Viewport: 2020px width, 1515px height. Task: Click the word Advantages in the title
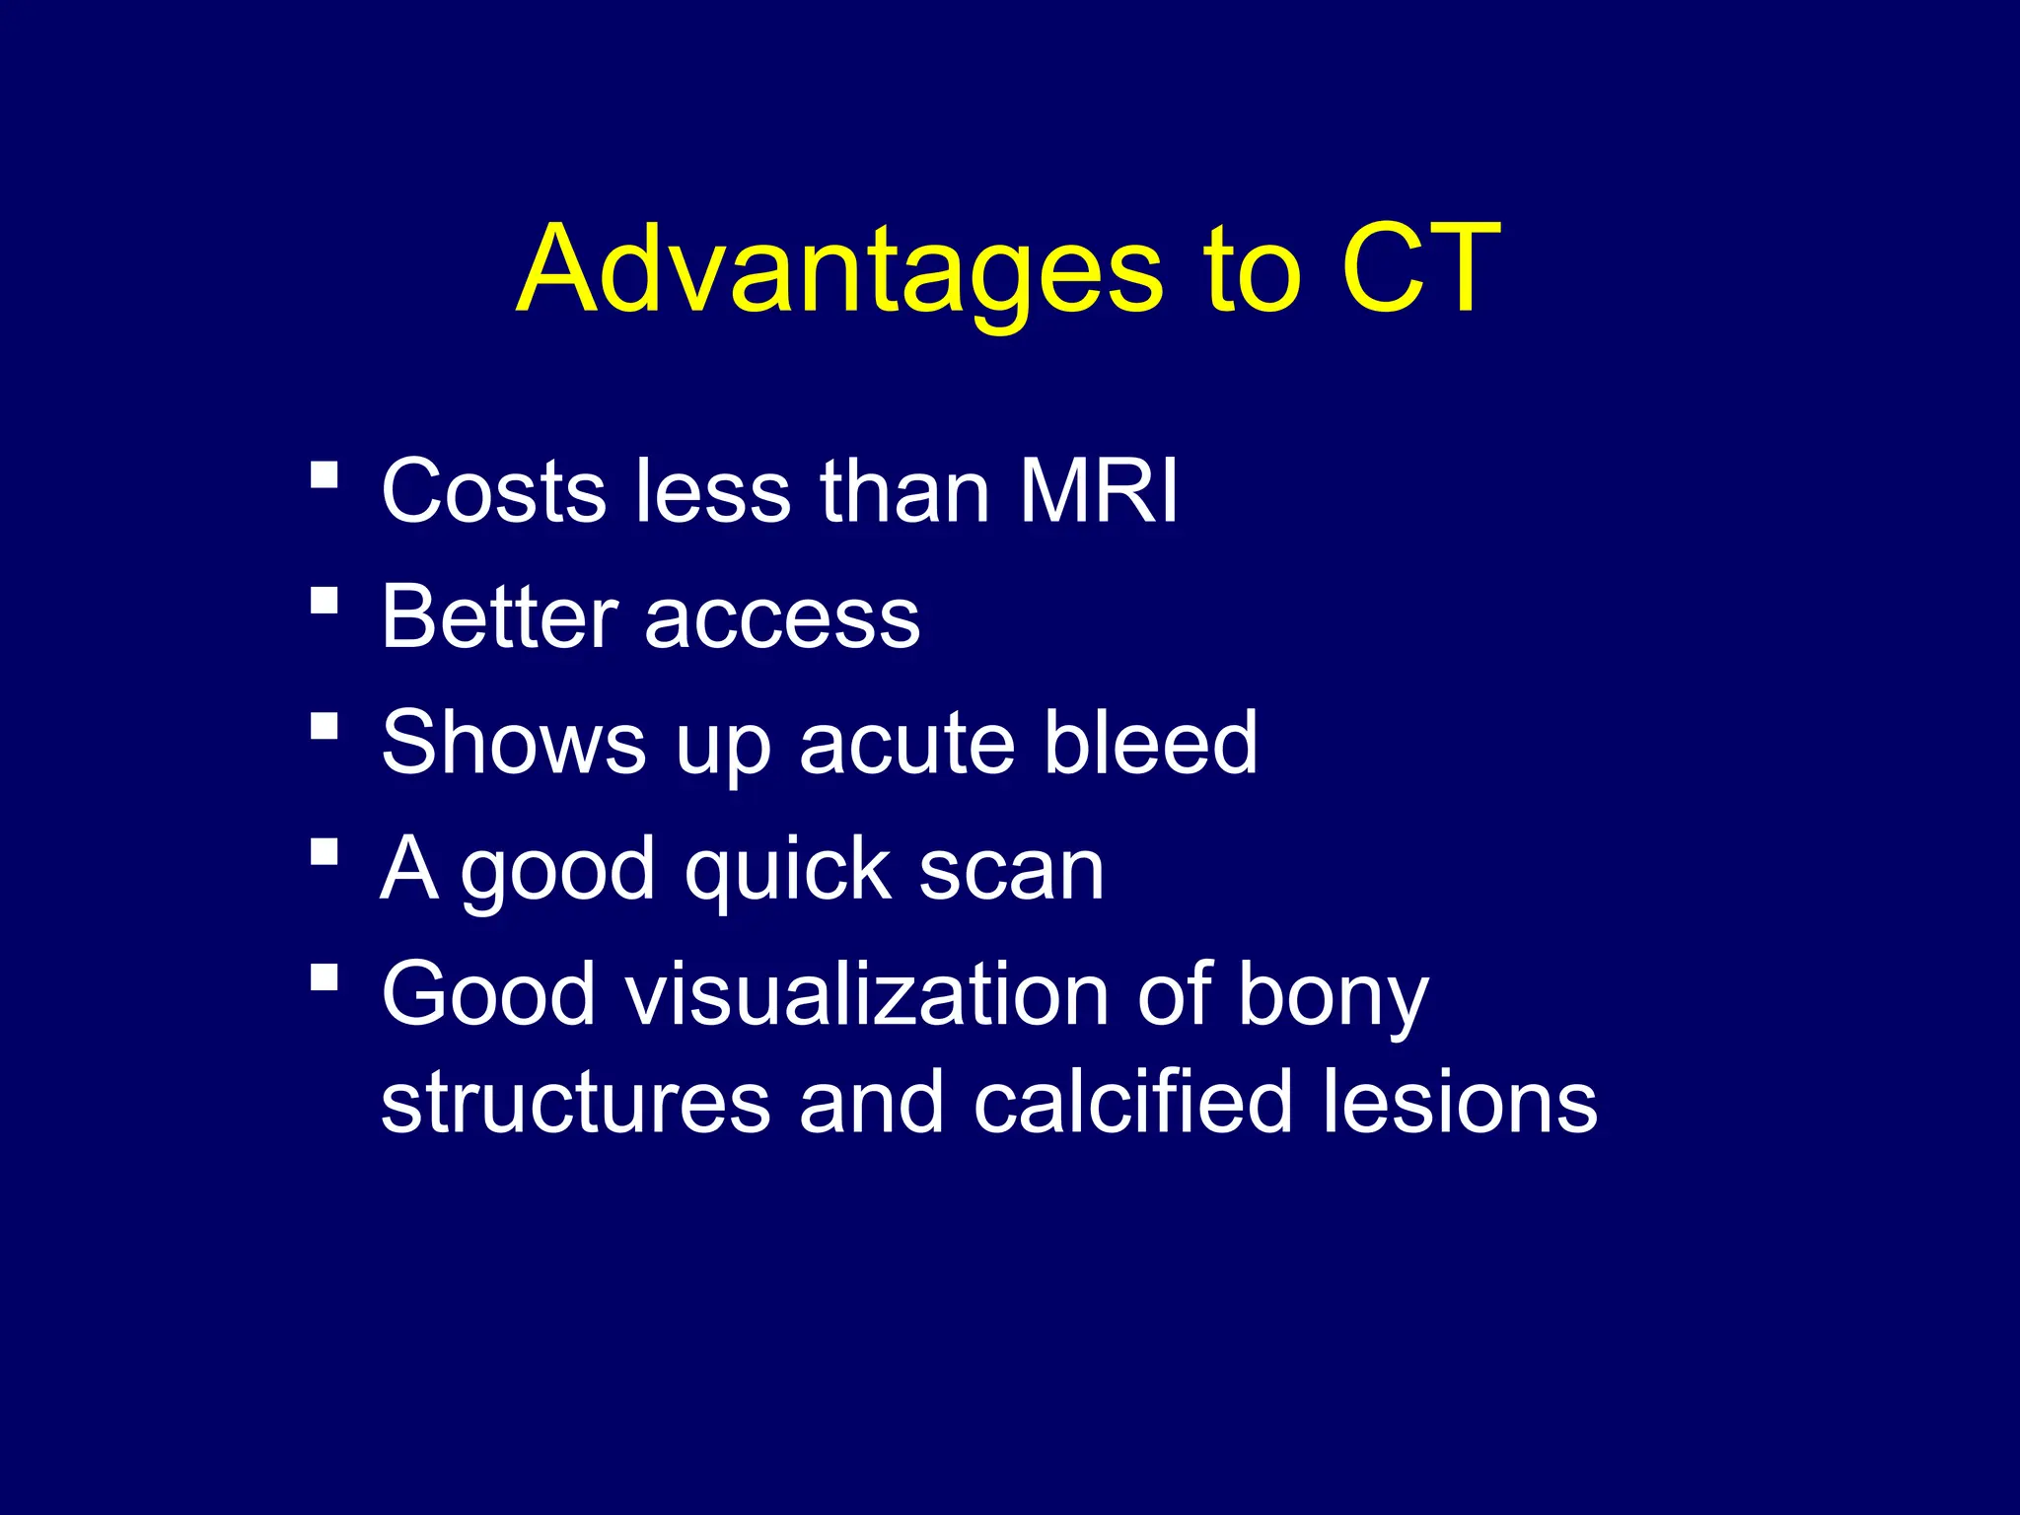click(x=838, y=271)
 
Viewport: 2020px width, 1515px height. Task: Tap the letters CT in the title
click(x=1420, y=268)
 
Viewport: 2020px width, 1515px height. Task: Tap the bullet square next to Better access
click(x=324, y=601)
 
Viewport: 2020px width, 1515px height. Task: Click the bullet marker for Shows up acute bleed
click(x=324, y=727)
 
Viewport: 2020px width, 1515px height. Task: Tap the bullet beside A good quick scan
click(x=324, y=851)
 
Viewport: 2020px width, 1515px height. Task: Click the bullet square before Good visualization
click(x=324, y=977)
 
